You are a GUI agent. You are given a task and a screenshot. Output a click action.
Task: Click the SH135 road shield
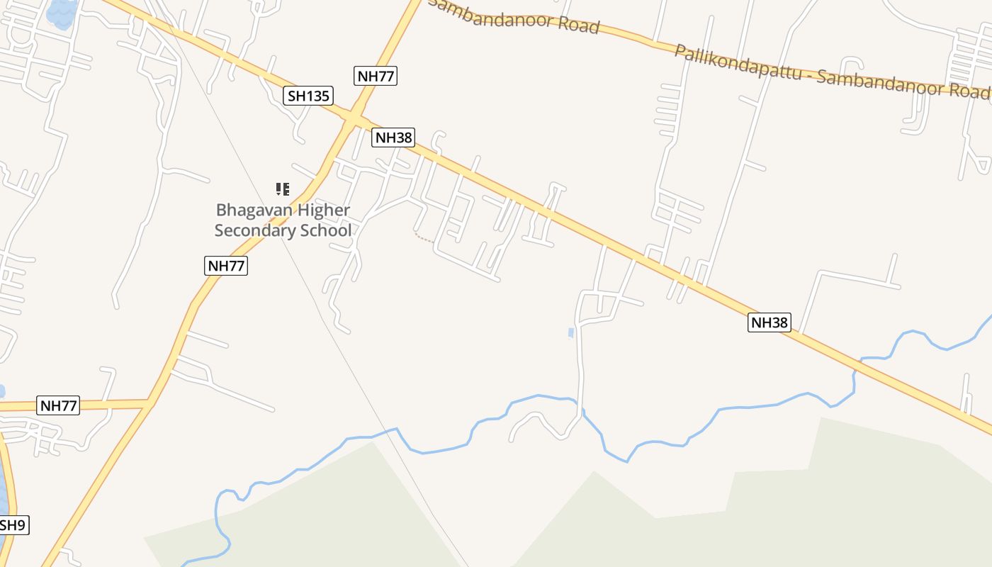tap(308, 96)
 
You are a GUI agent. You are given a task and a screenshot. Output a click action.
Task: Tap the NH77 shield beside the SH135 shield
tap(376, 76)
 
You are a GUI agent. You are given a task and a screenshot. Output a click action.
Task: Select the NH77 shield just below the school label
tap(226, 266)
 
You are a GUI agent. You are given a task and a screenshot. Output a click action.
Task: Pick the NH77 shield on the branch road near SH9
tap(59, 406)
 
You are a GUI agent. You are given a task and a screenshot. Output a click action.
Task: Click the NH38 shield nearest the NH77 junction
tap(393, 137)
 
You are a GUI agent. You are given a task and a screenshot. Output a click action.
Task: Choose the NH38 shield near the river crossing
tap(769, 322)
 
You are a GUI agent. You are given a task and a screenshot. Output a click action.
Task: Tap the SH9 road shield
tap(12, 525)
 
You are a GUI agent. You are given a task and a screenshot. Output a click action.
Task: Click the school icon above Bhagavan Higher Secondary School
tap(283, 189)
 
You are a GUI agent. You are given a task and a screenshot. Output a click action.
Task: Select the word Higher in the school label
tap(324, 210)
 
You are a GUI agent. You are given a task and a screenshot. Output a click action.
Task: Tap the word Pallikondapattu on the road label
tap(737, 62)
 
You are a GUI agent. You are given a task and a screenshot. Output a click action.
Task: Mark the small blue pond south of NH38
tap(571, 332)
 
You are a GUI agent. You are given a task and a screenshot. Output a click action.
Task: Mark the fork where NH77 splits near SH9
tap(151, 403)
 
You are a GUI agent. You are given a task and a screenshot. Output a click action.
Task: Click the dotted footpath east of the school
tap(424, 238)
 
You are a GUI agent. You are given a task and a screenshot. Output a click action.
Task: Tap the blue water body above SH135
tap(62, 12)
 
